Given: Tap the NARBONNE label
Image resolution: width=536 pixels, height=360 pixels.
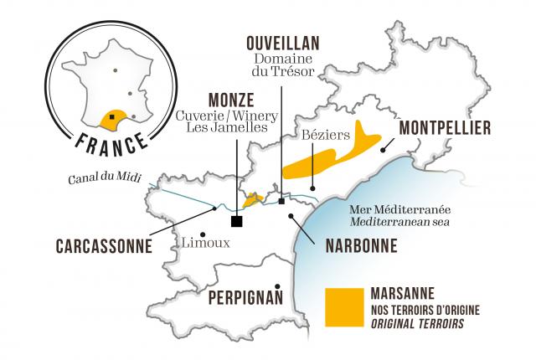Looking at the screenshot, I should pos(353,247).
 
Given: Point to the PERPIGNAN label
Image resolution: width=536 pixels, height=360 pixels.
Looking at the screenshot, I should pos(244,298).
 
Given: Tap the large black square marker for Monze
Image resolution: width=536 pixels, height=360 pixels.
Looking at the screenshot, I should pos(237,221).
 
